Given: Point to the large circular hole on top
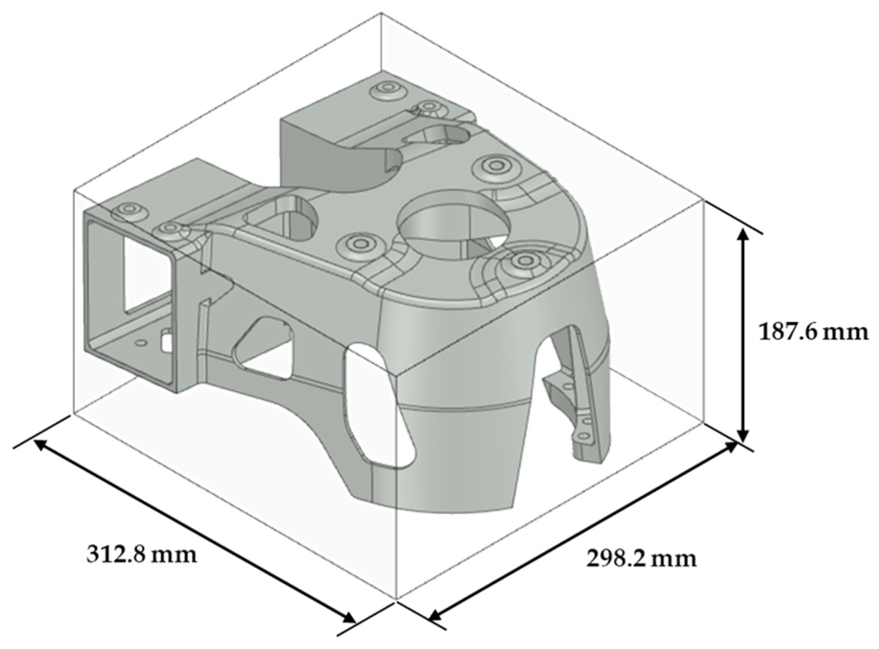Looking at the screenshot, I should [454, 228].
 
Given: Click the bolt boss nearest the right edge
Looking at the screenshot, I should [525, 259].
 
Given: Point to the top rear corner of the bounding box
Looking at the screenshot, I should [381, 13].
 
